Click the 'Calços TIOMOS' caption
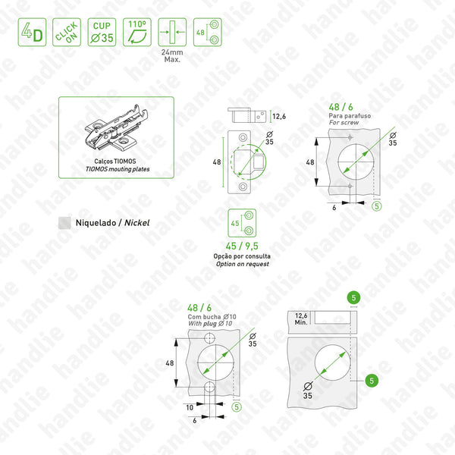coord(116,162)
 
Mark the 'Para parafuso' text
coord(346,115)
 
